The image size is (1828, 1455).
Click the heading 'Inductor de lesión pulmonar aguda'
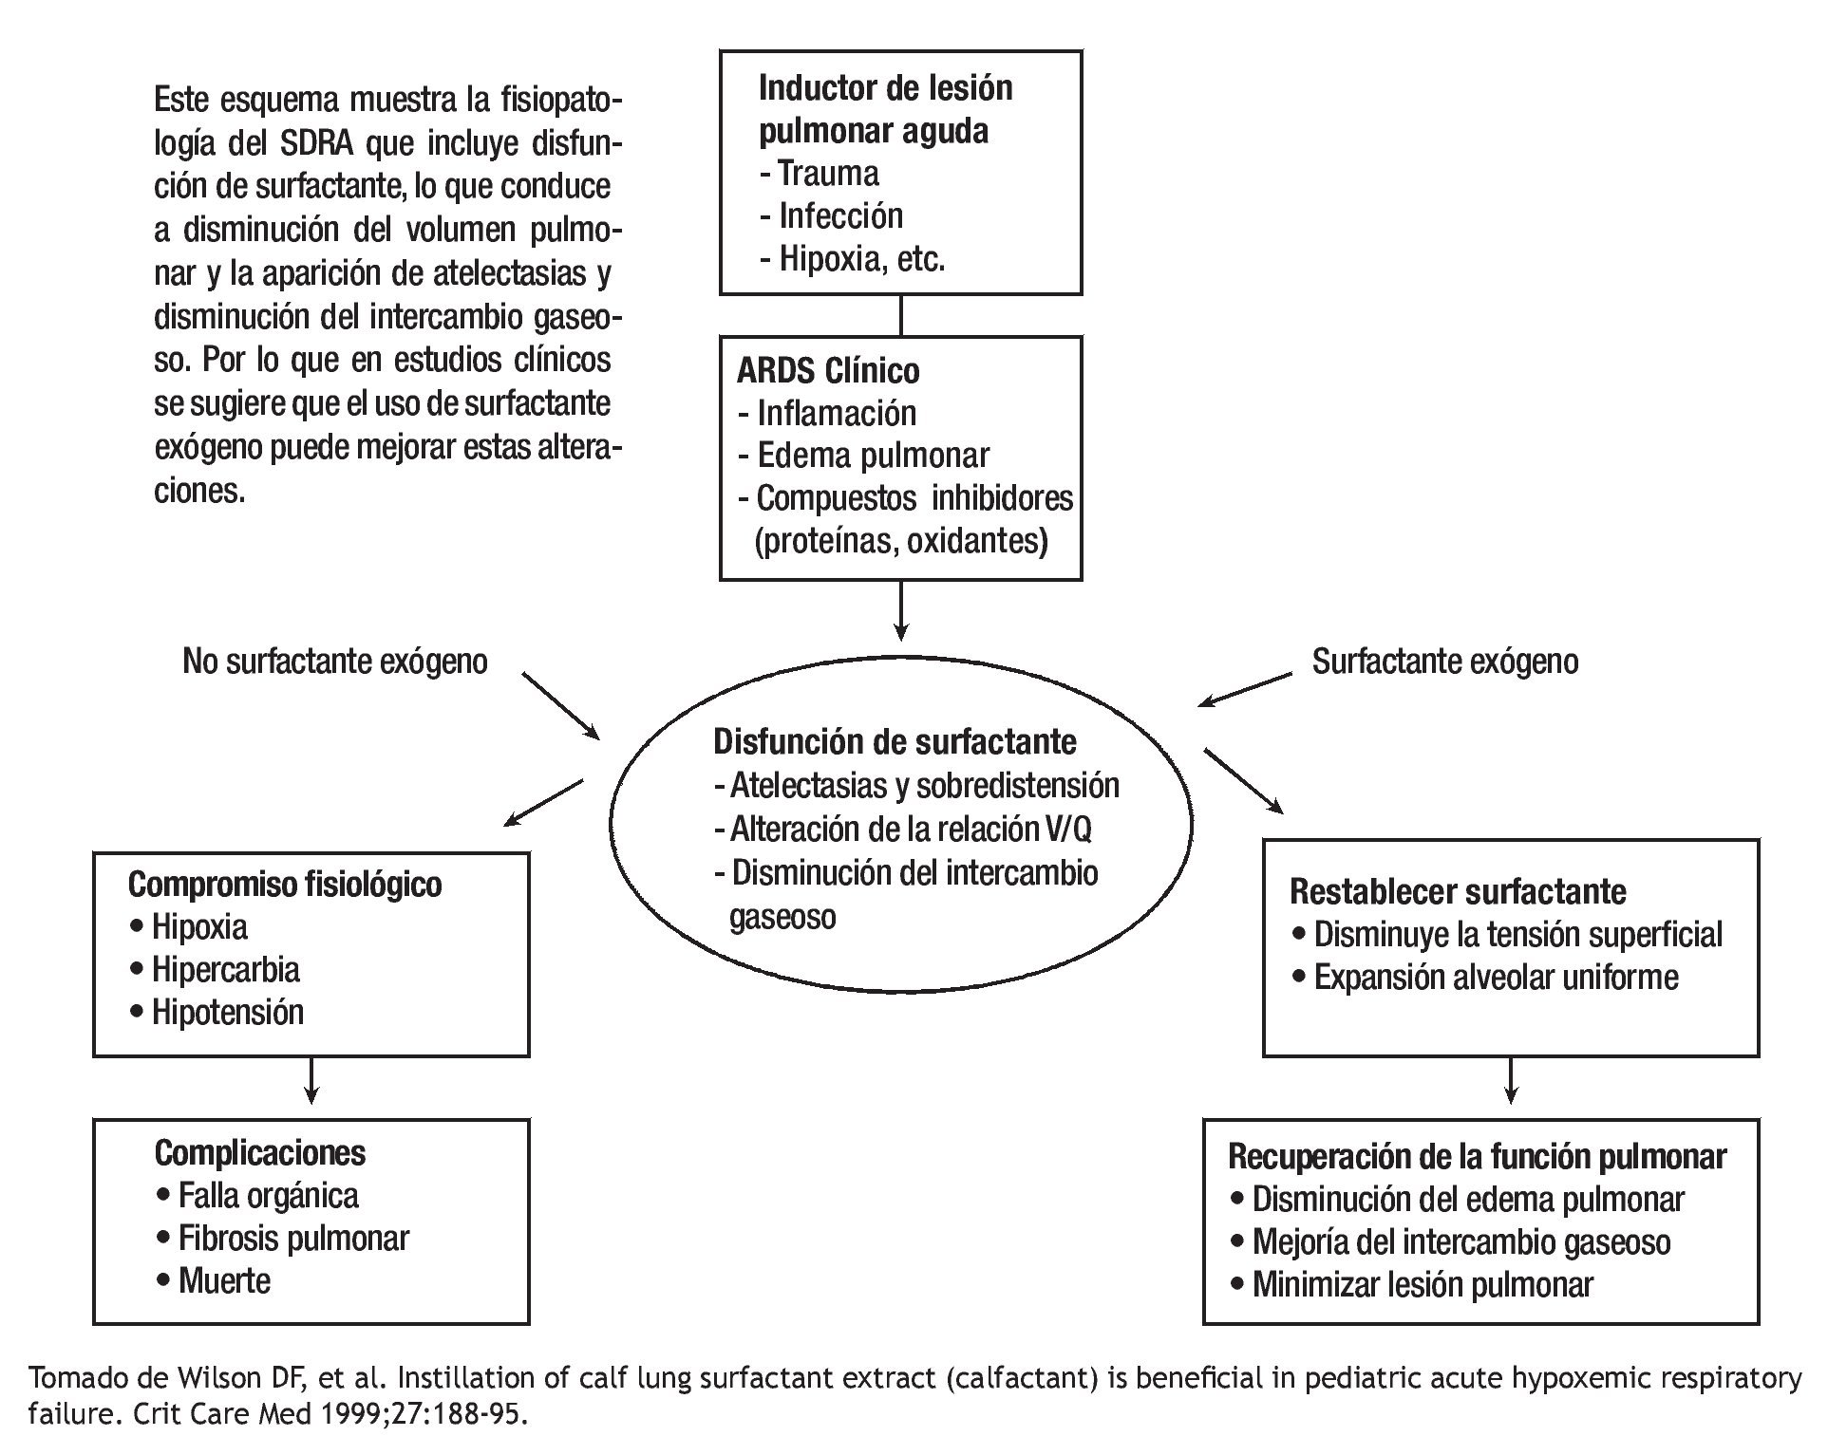[x=885, y=109]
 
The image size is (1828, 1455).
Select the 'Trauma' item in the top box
[x=827, y=174]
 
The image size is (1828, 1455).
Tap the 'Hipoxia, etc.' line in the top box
[x=861, y=259]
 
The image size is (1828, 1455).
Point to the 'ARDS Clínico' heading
[x=828, y=370]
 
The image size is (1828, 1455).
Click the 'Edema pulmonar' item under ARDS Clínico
[x=873, y=456]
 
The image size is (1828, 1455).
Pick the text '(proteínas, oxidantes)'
[x=901, y=541]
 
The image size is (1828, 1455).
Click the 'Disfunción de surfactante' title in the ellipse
[x=895, y=741]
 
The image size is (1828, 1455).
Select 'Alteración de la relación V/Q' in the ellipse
[x=911, y=830]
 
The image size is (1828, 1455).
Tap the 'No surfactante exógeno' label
[x=334, y=662]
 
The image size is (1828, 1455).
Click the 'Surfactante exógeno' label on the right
[x=1444, y=662]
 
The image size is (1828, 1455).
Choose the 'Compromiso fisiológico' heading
[x=285, y=885]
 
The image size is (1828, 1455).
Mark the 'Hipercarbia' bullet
[x=225, y=969]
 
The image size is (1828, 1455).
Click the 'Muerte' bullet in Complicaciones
[x=224, y=1280]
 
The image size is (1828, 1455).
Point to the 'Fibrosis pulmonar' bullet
[x=293, y=1238]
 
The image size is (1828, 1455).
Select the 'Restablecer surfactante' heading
[x=1458, y=892]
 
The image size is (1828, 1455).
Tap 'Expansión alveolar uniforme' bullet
[x=1496, y=977]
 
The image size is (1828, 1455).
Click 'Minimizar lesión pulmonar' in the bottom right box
[x=1422, y=1284]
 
